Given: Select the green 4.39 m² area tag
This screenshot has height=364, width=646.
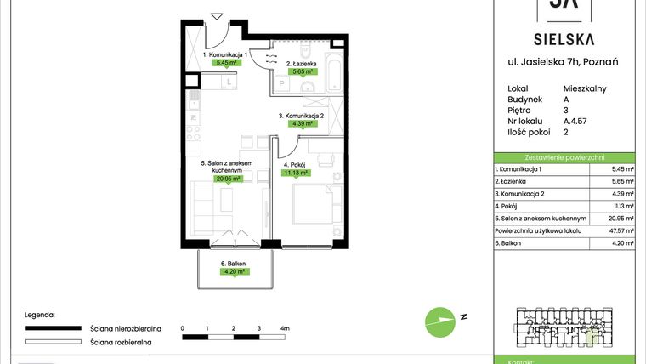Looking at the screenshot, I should [x=302, y=123].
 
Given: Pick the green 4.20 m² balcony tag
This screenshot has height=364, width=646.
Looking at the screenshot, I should [x=234, y=272].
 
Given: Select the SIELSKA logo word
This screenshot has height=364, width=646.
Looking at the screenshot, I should [x=563, y=38].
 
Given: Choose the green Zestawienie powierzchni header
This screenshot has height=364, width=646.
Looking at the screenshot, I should [x=564, y=157].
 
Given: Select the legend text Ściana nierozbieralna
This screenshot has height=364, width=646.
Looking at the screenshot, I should [x=121, y=327].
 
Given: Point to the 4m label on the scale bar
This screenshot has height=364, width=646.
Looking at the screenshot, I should [x=285, y=327].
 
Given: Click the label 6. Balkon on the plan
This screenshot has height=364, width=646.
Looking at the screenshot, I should [x=233, y=264].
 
